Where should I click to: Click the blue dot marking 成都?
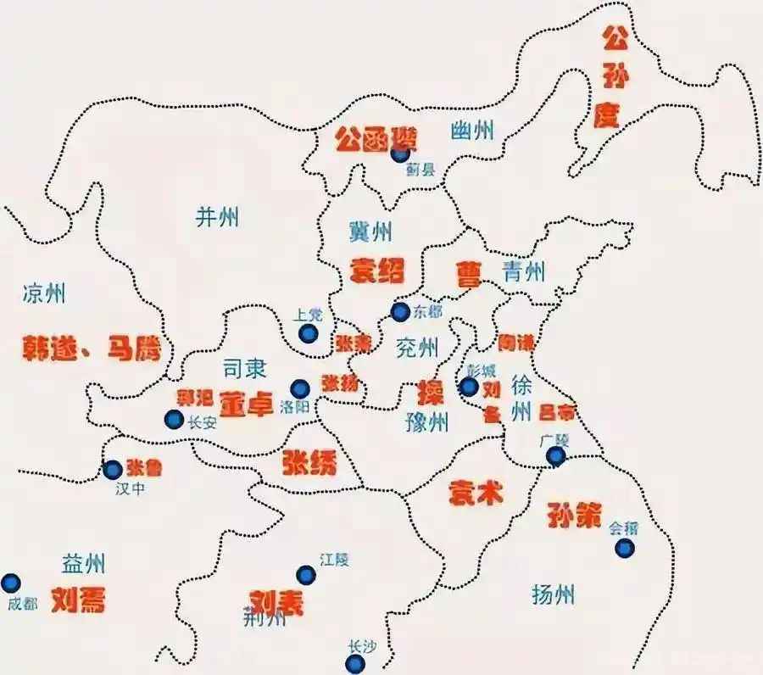[10, 583]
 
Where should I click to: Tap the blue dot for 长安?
[174, 419]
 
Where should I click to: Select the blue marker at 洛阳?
[299, 388]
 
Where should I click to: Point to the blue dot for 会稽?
[624, 549]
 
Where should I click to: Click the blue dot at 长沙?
[356, 664]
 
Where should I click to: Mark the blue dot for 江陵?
[306, 575]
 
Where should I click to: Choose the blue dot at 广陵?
[555, 457]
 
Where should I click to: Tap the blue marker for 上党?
[309, 334]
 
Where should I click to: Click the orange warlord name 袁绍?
[377, 270]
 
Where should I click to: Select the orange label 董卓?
[247, 403]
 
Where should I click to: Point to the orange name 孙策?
[574, 515]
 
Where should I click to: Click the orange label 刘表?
[276, 602]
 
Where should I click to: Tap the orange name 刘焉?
[78, 600]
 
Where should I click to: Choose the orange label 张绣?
[309, 462]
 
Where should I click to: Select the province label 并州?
[217, 217]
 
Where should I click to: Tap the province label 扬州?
[553, 594]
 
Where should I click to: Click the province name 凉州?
[44, 294]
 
